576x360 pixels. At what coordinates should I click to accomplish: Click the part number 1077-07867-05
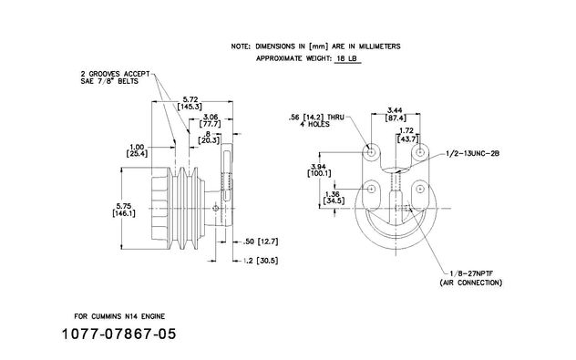pos(118,334)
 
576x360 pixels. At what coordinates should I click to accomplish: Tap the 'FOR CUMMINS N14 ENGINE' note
pos(119,316)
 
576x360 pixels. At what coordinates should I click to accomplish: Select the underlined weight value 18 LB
pos(347,58)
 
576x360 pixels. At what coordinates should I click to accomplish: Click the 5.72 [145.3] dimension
pos(190,103)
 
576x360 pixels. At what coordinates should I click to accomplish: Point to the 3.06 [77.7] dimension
pos(211,120)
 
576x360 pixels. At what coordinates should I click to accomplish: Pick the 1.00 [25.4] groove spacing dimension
pos(137,150)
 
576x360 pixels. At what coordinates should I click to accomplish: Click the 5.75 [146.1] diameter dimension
pos(124,210)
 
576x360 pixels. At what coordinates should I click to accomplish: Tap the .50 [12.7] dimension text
pos(262,242)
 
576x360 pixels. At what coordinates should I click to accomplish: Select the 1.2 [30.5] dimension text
pos(262,261)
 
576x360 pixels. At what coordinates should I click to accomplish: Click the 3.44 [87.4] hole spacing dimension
pos(396,114)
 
